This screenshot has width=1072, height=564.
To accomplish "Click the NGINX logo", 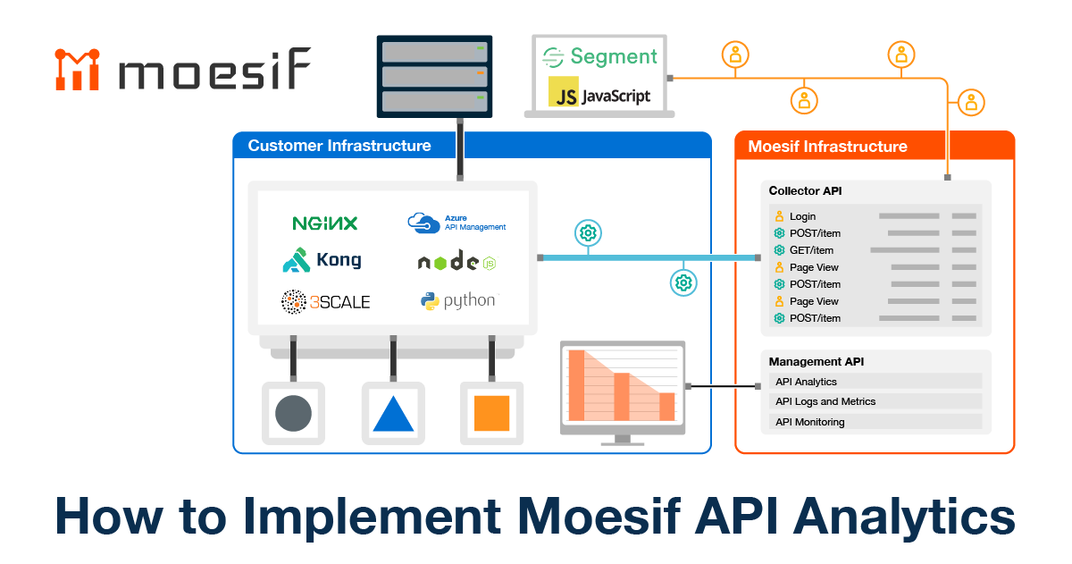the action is pos(325,223).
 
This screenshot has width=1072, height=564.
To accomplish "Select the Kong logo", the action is pos(322,260).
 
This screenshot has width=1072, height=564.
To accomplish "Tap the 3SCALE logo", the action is pos(325,301).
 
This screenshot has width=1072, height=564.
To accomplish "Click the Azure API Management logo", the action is pos(456,223).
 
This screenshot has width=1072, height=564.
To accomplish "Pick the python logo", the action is pos(458,301).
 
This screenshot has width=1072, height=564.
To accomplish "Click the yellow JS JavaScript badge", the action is pos(599,92).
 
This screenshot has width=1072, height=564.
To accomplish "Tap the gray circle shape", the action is pos(293,413).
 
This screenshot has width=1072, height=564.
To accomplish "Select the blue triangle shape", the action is pos(393,414).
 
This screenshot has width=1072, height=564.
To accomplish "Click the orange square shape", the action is pos(491,413).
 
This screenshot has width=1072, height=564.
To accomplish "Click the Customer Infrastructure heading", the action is pos(339,146).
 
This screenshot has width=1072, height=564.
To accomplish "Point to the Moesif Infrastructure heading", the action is pos(827,147).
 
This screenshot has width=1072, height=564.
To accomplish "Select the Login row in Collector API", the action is pos(875,216).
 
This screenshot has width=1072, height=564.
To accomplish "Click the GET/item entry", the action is pos(811,250).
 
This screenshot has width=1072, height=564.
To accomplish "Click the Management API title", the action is pos(816,361).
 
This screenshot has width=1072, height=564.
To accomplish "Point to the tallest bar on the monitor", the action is pos(576,385).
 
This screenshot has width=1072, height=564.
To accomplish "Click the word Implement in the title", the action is pos(372,517).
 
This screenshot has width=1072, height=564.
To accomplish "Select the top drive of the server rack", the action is pos(434,52).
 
